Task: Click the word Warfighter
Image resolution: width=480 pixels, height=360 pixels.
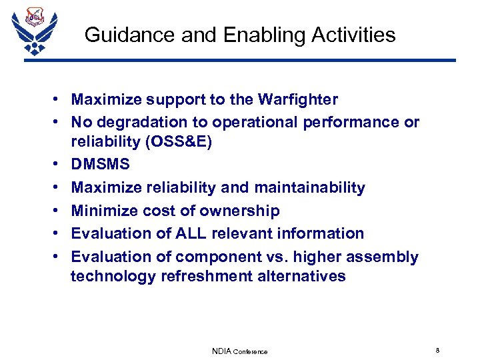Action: [x=297, y=100]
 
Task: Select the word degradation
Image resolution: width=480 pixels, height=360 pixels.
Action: [x=142, y=123]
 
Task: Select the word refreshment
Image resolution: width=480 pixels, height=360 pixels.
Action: [x=206, y=276]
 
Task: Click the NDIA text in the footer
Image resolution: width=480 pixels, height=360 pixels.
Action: [x=222, y=351]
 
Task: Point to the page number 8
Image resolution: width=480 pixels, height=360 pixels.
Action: [x=437, y=351]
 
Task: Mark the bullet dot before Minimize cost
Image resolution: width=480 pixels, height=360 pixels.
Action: [x=59, y=211]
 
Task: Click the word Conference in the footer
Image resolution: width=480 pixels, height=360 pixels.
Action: [x=251, y=352]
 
